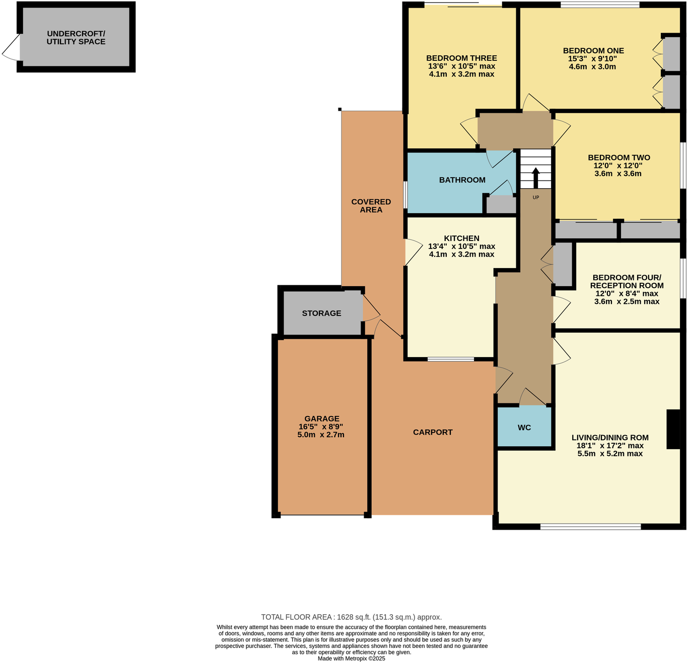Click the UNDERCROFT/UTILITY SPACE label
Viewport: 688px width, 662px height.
click(76, 38)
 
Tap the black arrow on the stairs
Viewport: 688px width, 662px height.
click(535, 178)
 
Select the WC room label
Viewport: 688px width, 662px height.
click(524, 428)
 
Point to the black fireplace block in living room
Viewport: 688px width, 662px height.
click(673, 429)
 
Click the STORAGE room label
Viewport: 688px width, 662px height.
click(321, 313)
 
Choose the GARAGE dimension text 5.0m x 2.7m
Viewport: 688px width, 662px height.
click(321, 435)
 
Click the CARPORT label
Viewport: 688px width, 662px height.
click(433, 432)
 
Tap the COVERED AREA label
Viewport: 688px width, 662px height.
click(371, 206)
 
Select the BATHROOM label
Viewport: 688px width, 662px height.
click(462, 180)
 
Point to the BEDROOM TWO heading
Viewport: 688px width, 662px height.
click(619, 157)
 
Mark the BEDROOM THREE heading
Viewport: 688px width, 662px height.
click(461, 58)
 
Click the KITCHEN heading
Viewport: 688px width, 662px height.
click(461, 238)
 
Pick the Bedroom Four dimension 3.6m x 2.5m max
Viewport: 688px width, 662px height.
click(627, 301)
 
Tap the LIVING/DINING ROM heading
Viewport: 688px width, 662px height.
click(610, 437)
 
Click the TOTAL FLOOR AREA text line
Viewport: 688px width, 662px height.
click(351, 617)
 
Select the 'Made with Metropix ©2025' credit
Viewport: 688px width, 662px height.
click(351, 658)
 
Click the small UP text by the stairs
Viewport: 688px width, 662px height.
click(535, 197)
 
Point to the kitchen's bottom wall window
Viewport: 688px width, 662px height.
click(450, 359)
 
